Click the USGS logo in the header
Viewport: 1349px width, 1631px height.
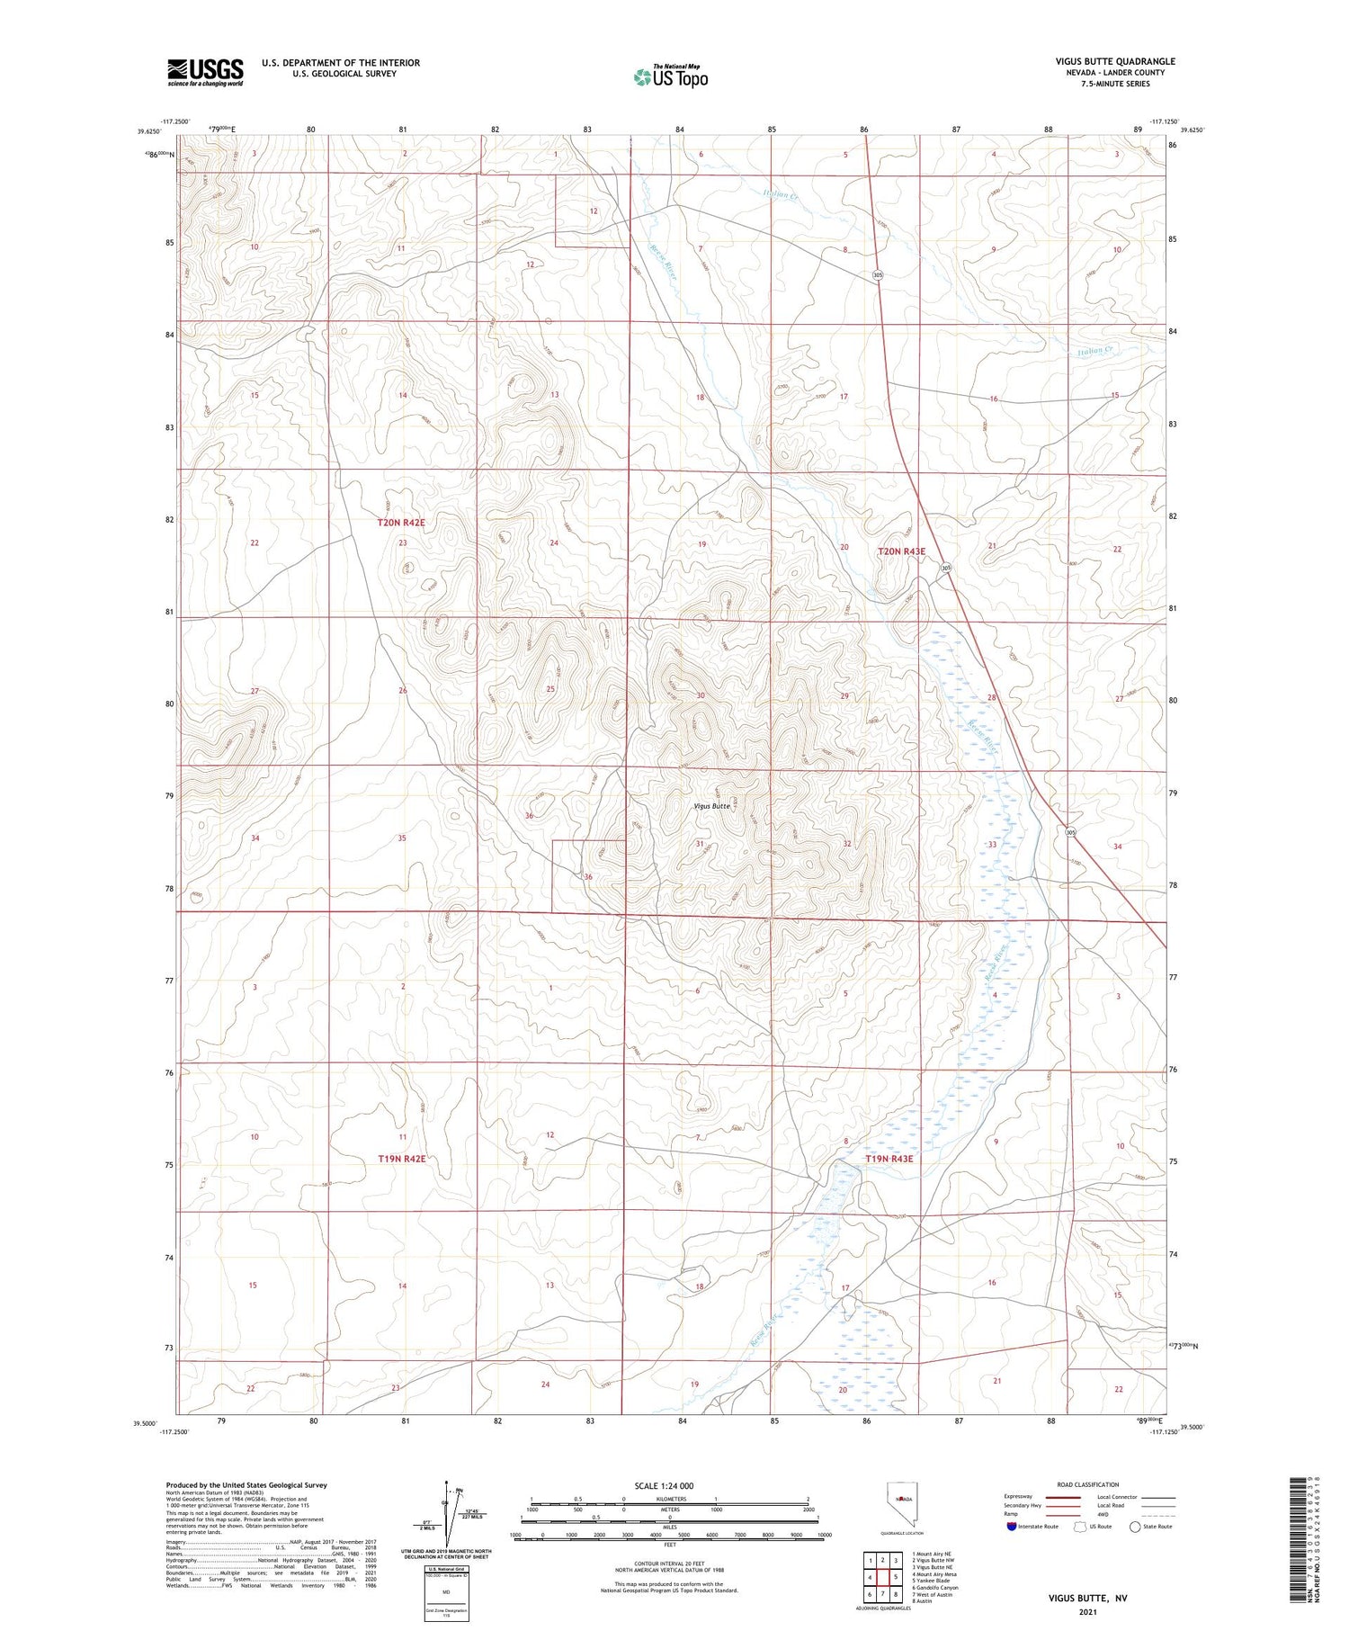point(205,72)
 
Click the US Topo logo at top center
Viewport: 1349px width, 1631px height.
point(670,77)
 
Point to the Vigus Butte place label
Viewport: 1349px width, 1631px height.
point(712,806)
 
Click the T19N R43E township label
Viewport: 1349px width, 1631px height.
point(889,1159)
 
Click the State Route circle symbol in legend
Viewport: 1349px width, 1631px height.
point(1136,1527)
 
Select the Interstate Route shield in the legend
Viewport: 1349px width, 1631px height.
point(1011,1527)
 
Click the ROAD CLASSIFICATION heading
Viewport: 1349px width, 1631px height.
point(1088,1484)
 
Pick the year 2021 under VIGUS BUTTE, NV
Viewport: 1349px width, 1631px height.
point(1087,1610)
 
